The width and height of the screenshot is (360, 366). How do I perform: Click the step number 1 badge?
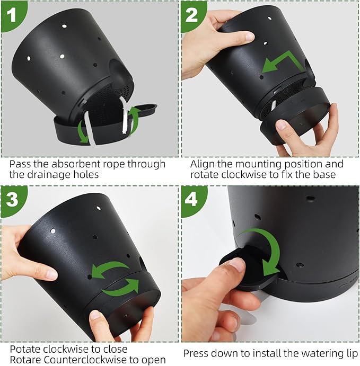click(x=12, y=14)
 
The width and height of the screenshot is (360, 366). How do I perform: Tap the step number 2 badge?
click(x=192, y=14)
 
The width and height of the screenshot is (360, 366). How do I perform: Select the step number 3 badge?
click(x=12, y=200)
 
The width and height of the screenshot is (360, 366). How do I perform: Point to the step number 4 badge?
click(x=191, y=200)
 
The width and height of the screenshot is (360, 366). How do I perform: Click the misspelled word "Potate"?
click(x=25, y=350)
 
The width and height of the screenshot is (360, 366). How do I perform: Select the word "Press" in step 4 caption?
click(x=196, y=354)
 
